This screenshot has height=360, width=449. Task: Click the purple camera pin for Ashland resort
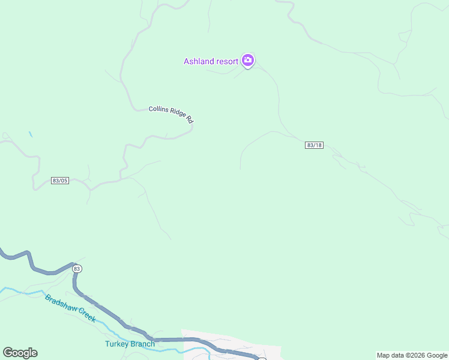[248, 60]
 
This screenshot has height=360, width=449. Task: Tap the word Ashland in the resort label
[199, 61]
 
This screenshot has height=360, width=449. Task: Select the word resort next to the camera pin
[228, 61]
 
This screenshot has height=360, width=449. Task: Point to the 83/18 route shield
[314, 145]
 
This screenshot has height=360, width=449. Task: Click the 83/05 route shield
[60, 181]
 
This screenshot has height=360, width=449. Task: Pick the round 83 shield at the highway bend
[77, 269]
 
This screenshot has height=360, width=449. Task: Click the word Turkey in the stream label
[117, 344]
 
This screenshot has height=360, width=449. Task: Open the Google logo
[20, 353]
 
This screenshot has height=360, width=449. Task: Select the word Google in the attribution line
[437, 355]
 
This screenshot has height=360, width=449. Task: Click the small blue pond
[30, 134]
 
